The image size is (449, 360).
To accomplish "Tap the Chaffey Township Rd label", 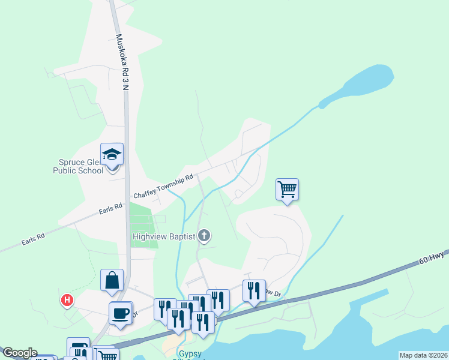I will [163, 187].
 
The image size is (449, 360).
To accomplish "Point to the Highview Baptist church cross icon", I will [204, 236].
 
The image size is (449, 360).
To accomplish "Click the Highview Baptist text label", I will [164, 236].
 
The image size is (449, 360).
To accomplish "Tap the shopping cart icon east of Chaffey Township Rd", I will [288, 190].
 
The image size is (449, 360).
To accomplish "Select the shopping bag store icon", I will [112, 280].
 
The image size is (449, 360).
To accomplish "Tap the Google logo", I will [19, 353].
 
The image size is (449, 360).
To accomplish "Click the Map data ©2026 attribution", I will [423, 355].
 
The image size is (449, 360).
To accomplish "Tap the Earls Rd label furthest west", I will [33, 238].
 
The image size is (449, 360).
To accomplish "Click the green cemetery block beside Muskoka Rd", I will [143, 225].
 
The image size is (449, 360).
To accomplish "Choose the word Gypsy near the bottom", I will [182, 353].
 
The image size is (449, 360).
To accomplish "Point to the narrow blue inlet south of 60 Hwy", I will [372, 300].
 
